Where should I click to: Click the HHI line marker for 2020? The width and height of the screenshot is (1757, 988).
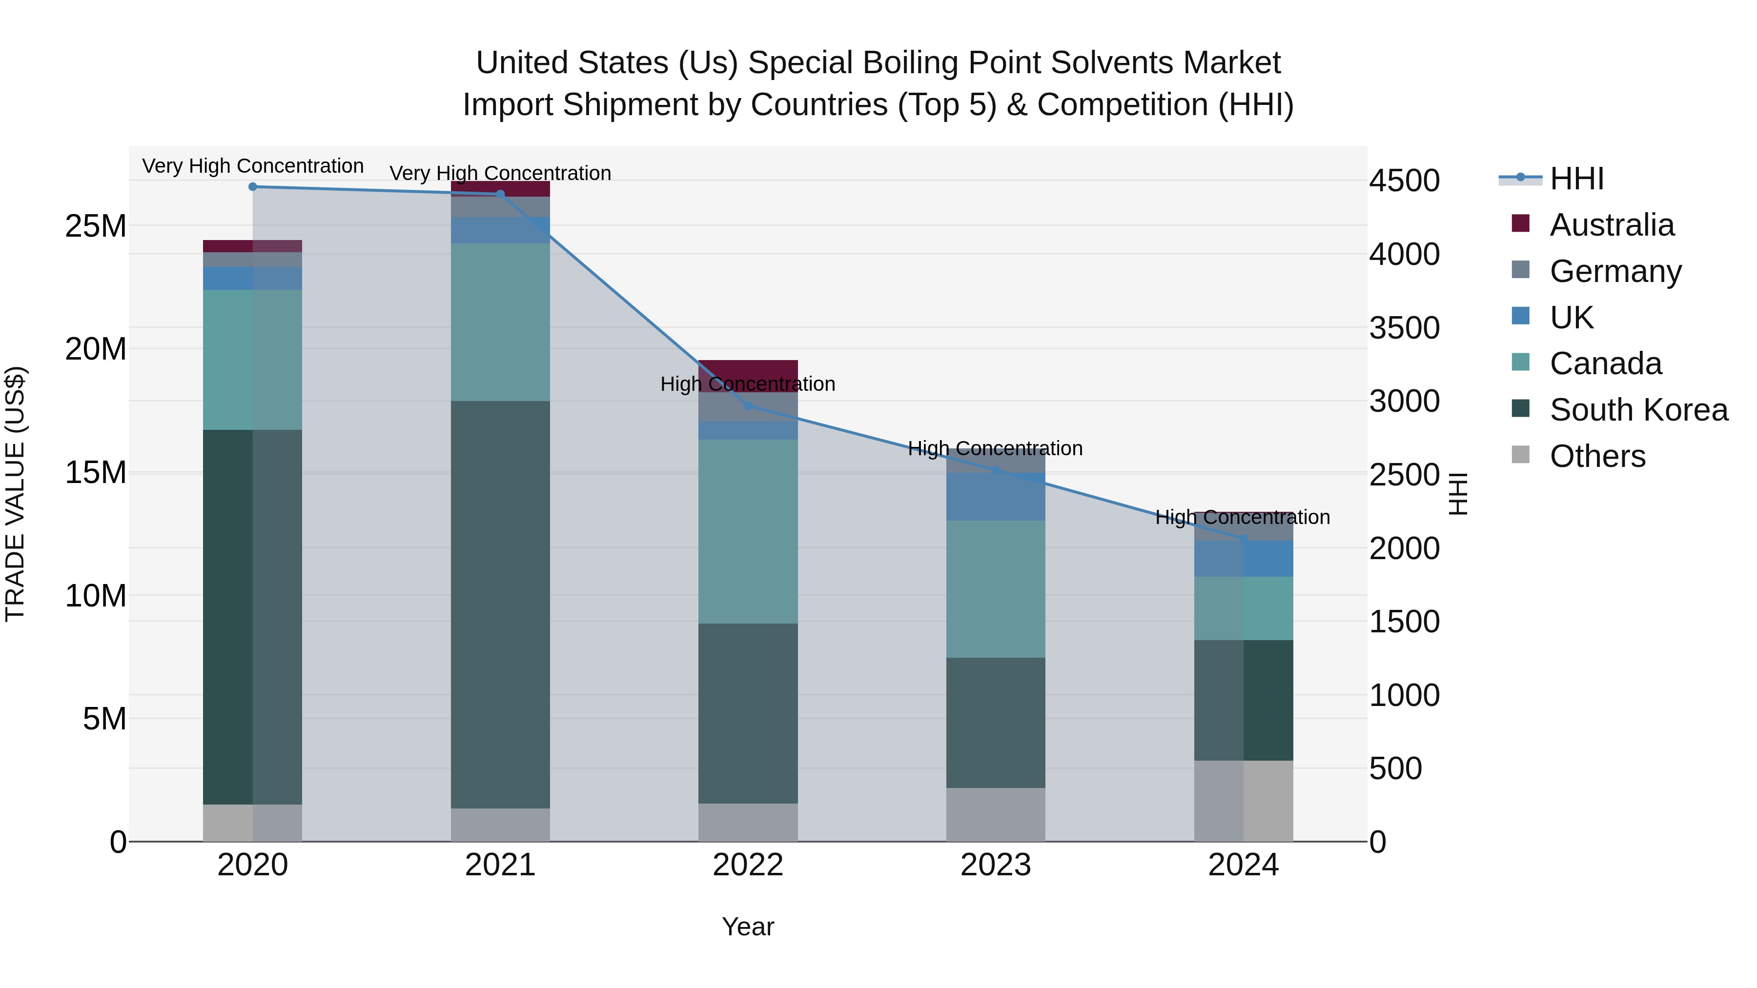[x=252, y=187]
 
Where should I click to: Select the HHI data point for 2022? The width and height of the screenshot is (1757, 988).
[x=748, y=406]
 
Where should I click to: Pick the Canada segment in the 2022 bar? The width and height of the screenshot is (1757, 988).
[x=748, y=531]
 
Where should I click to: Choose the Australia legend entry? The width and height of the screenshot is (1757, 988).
[x=1611, y=225]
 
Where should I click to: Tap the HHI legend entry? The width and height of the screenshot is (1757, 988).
[x=1575, y=179]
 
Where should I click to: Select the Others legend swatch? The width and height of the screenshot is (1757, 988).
[x=1520, y=455]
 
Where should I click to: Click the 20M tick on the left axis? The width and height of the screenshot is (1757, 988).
[x=96, y=349]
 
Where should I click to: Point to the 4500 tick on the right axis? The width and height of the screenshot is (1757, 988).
[x=1404, y=181]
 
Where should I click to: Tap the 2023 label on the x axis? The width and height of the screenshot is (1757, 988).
[x=995, y=865]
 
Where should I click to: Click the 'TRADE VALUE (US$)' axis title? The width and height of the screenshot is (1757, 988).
[x=15, y=494]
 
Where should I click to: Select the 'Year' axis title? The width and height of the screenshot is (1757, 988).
[x=748, y=927]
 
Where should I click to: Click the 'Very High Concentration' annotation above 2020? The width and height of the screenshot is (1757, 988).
[x=252, y=166]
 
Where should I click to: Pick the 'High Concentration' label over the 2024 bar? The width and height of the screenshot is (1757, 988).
[x=1242, y=518]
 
